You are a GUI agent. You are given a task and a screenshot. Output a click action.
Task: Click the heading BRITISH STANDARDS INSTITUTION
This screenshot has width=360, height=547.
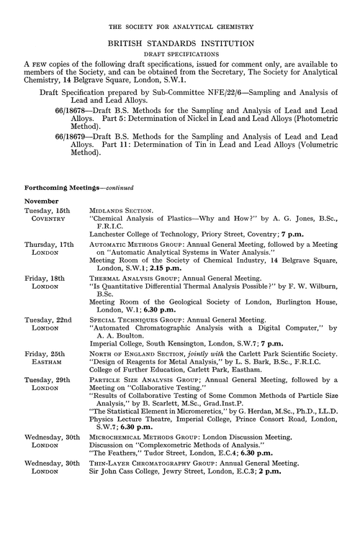tap(180, 43)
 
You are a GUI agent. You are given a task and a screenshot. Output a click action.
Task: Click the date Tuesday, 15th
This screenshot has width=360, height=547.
tap(46, 209)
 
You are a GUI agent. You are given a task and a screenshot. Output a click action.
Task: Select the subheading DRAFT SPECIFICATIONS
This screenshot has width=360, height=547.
tap(180, 55)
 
